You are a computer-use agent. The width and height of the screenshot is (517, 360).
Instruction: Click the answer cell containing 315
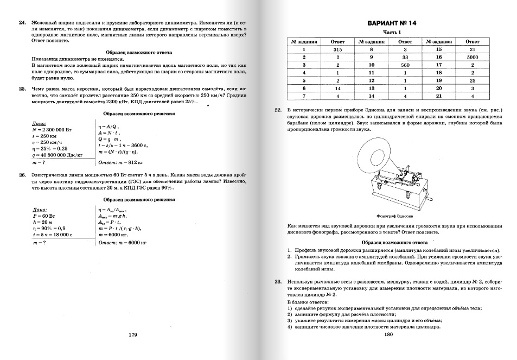coord(337,49)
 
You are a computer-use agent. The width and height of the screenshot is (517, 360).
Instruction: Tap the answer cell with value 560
coord(405,65)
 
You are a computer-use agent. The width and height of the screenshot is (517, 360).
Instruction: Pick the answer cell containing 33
coord(405,56)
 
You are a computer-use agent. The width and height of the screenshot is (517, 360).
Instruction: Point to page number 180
coord(387,334)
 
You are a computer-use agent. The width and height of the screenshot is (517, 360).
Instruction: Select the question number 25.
coord(22,88)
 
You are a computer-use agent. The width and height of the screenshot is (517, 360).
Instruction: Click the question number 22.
coord(278,110)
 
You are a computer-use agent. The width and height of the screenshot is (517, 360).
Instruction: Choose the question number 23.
coord(278,282)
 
